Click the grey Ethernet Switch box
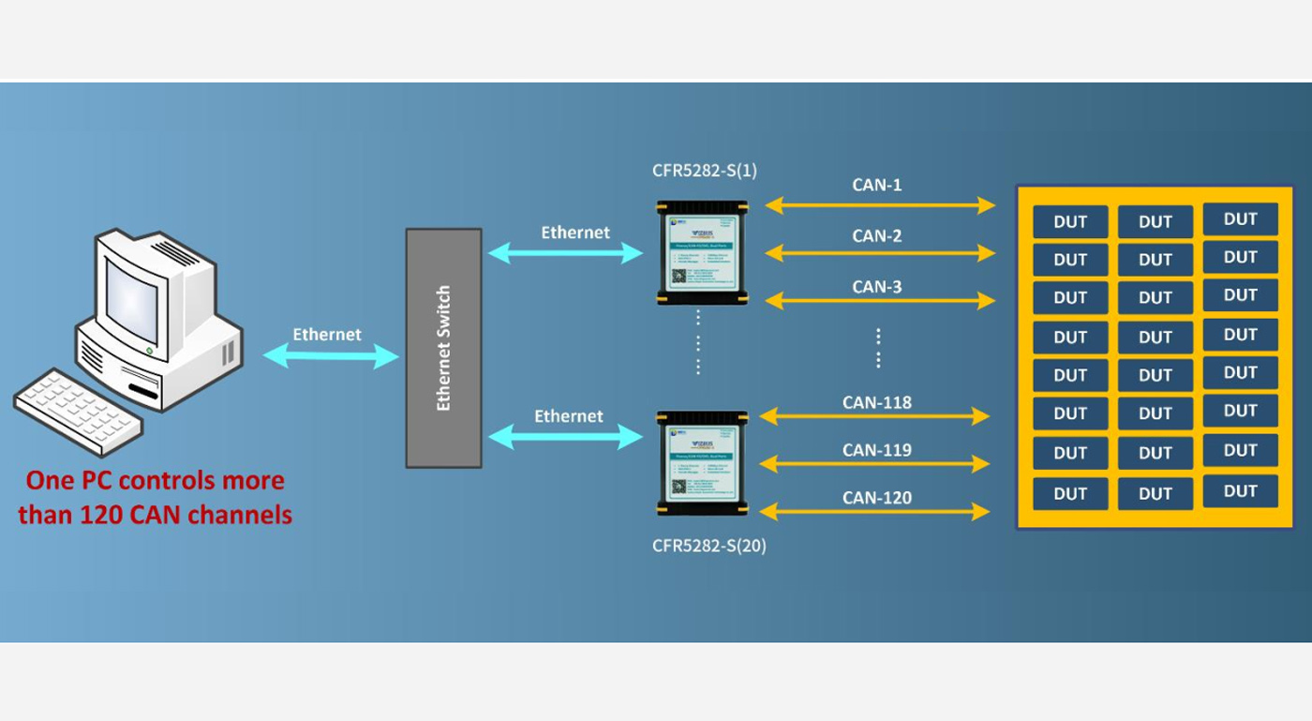pyautogui.click(x=443, y=348)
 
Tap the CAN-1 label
pyautogui.click(x=876, y=186)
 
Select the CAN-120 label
pyautogui.click(x=876, y=498)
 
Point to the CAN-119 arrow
pyautogui.click(x=874, y=464)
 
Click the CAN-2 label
pyautogui.click(x=876, y=236)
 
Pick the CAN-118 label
pyautogui.click(x=876, y=403)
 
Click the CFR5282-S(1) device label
pyautogui.click(x=705, y=172)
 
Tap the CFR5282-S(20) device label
pyautogui.click(x=709, y=546)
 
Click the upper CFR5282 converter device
pyautogui.click(x=702, y=252)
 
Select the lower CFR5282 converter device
pyautogui.click(x=702, y=462)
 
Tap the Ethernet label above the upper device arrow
pyautogui.click(x=575, y=233)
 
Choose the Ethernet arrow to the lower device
pyautogui.click(x=565, y=437)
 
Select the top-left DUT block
pyautogui.click(x=1070, y=222)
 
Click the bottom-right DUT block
pyautogui.click(x=1240, y=491)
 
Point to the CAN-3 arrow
pyautogui.click(x=880, y=301)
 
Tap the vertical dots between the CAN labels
pyautogui.click(x=878, y=348)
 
